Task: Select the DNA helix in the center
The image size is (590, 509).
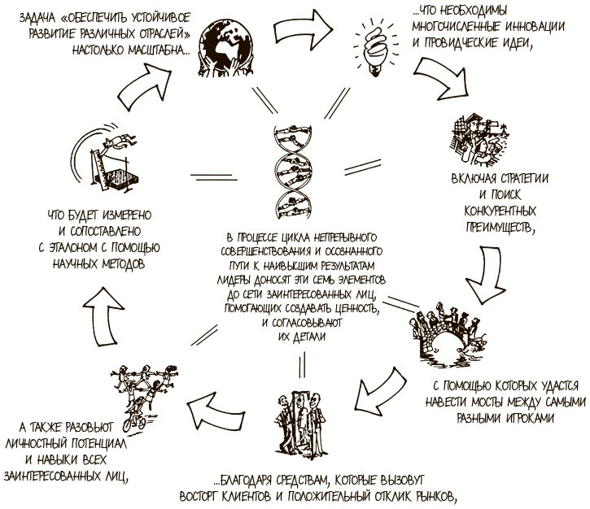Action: pyautogui.click(x=293, y=171)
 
